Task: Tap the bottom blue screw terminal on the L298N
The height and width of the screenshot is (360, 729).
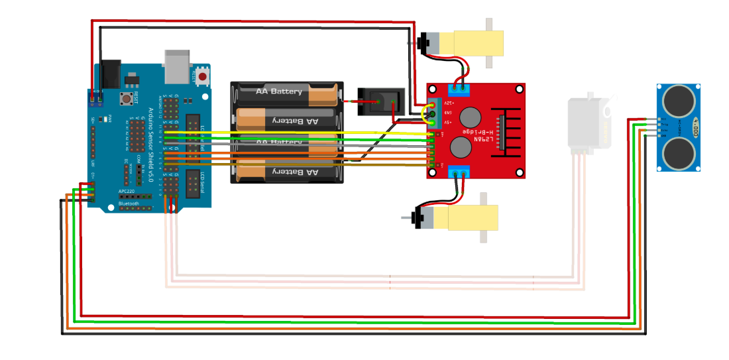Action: pos(459,173)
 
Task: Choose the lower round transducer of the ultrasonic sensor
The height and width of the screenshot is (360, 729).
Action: pos(678,152)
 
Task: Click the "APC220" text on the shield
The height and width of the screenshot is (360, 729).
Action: pos(128,191)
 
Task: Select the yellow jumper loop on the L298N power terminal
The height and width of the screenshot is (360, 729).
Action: pos(426,116)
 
